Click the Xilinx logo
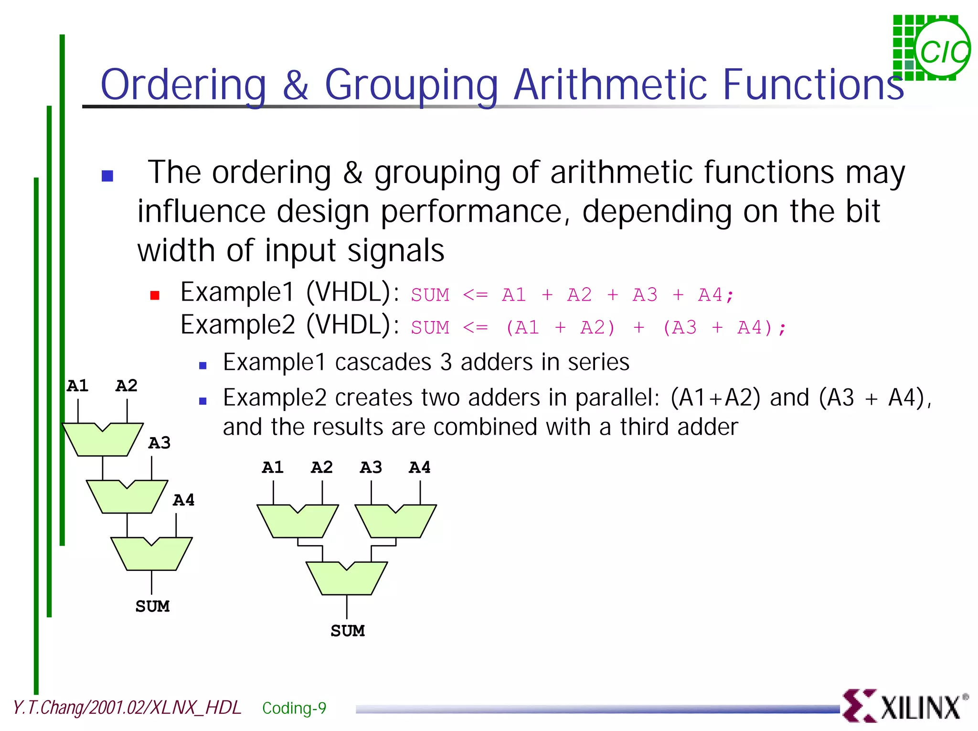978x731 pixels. (905, 706)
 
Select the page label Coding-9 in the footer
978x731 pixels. (294, 708)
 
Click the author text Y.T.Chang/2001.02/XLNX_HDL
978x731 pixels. (127, 708)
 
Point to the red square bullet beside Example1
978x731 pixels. (155, 295)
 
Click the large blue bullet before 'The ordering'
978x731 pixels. (107, 176)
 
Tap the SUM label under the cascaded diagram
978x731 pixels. (152, 606)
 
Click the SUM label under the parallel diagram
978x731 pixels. (348, 631)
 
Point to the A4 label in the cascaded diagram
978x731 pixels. (184, 500)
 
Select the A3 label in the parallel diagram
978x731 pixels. (371, 467)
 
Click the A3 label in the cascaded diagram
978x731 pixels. (159, 443)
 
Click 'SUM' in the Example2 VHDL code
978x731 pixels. (430, 328)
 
